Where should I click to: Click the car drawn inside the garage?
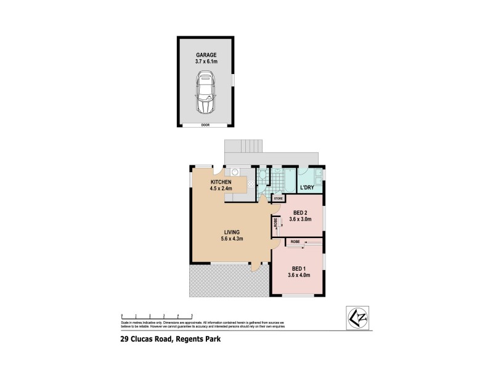205,93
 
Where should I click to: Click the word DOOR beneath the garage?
205,125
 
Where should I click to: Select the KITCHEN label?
221,183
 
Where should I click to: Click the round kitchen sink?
235,173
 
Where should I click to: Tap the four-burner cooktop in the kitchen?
250,184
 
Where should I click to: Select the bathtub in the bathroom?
285,181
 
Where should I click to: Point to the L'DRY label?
308,187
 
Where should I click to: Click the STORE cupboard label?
278,199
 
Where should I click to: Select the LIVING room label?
232,232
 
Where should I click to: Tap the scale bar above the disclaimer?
158,315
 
